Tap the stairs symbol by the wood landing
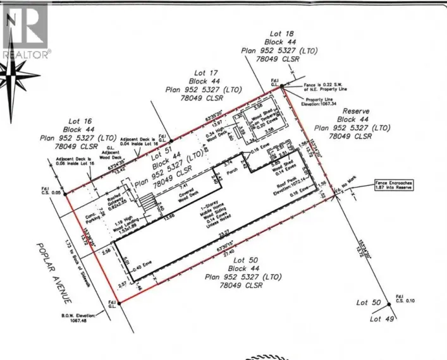pyautogui.click(x=147, y=203)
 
